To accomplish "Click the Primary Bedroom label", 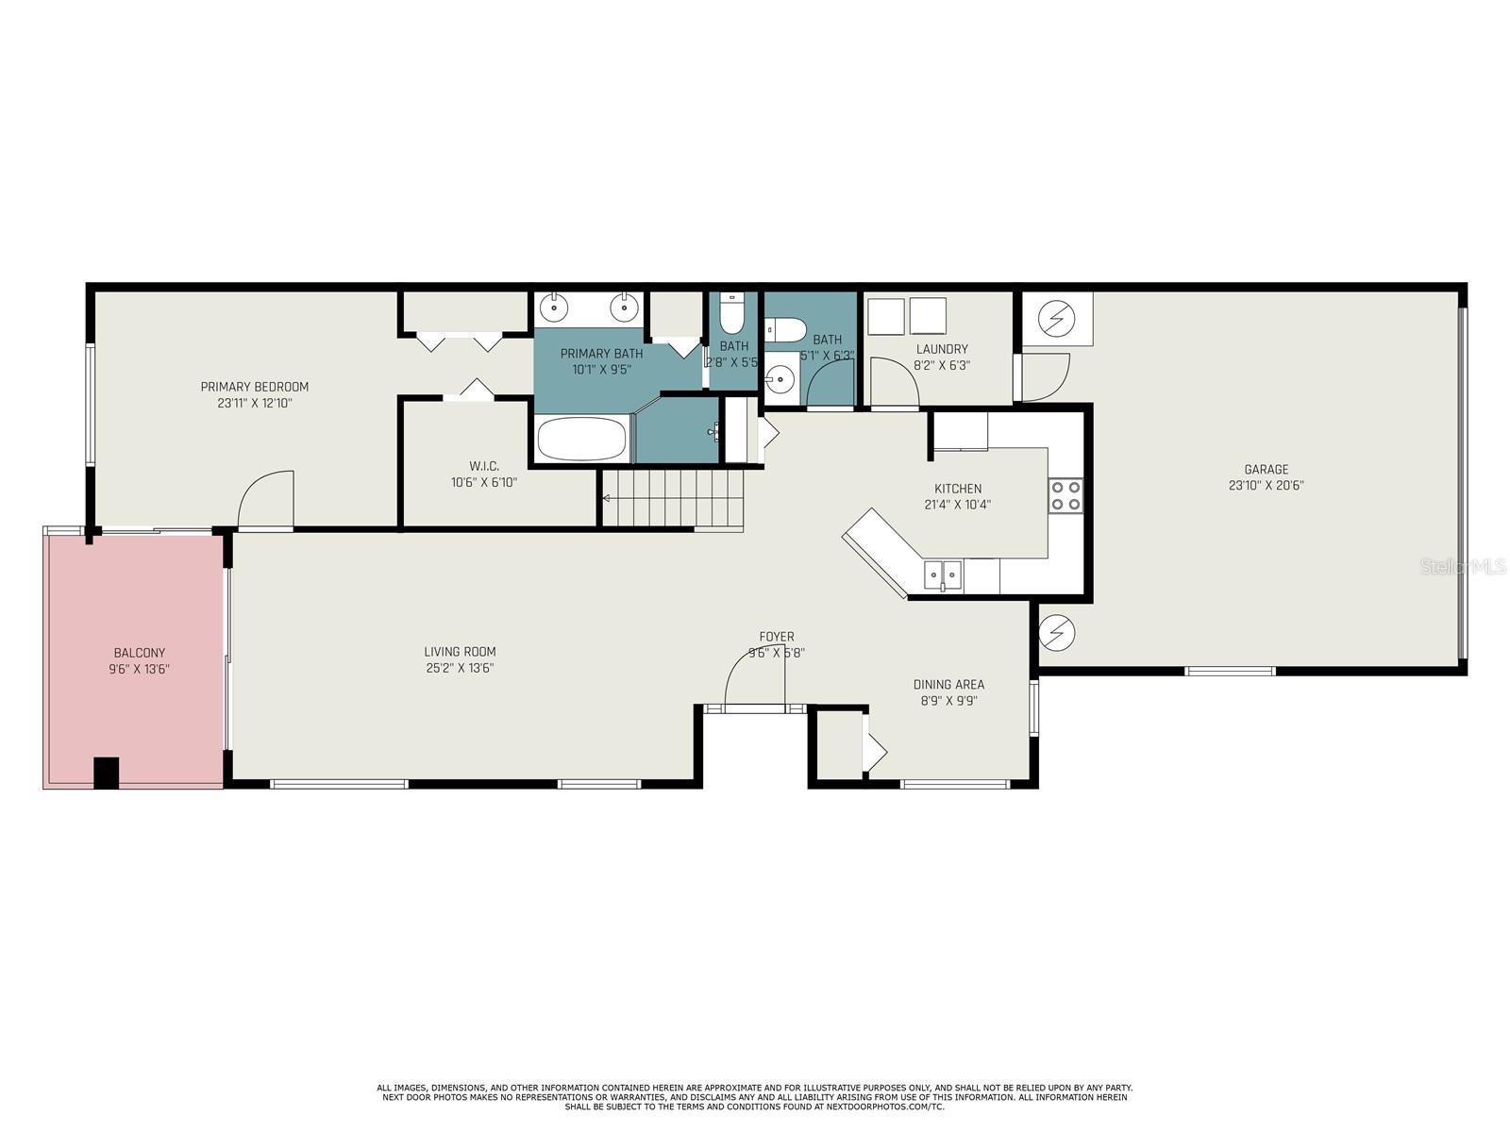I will point(254,387).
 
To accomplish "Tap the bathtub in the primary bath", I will point(581,440).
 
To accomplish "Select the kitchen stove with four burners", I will point(1065,495).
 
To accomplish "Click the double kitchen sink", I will point(942,574).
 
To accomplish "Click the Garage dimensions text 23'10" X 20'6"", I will point(1266,486).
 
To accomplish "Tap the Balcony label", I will point(139,653).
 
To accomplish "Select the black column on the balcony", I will point(106,773).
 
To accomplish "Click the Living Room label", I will point(460,652).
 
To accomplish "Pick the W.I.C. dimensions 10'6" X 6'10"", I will point(483,482).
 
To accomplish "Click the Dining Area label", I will point(948,685).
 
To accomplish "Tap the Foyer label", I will point(776,637).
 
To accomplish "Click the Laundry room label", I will point(941,349).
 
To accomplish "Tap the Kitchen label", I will point(957,489).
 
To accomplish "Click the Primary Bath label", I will point(601,354).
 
